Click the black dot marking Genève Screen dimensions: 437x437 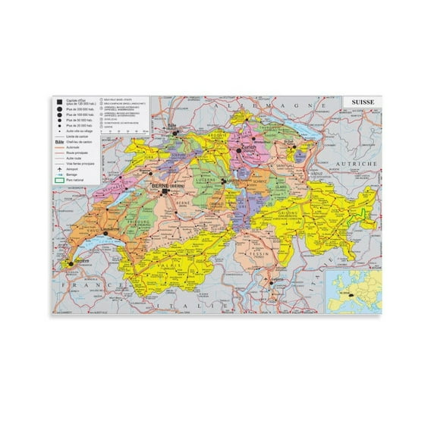coord(74,262)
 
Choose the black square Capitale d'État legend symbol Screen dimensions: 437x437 coord(58,101)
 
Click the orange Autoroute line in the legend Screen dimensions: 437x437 coord(58,147)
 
